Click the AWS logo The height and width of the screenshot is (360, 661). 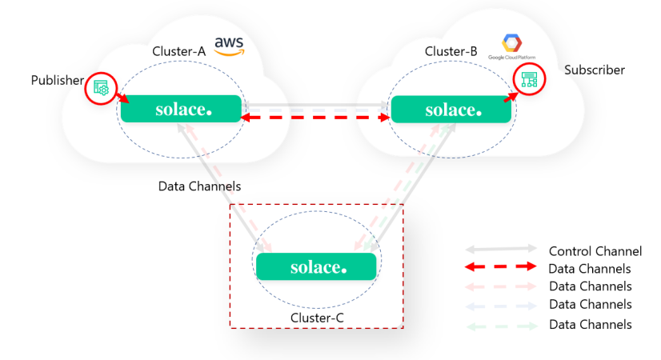(230, 46)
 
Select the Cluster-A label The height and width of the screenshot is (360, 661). (179, 51)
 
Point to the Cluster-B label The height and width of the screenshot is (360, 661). (451, 52)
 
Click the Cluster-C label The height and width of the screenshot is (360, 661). (316, 318)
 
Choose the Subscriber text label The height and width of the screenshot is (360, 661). (595, 70)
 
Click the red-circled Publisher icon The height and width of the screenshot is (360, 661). (102, 88)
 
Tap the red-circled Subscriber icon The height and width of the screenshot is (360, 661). (528, 78)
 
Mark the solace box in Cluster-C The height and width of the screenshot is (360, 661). (316, 266)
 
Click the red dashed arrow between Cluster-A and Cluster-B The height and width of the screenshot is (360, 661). (315, 118)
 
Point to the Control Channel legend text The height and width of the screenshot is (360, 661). (595, 251)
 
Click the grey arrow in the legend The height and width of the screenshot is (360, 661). (500, 251)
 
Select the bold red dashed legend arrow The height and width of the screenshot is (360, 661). (500, 269)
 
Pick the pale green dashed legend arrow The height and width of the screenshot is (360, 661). (500, 325)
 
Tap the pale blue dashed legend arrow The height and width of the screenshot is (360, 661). (500, 306)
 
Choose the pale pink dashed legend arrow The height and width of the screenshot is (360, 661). (500, 286)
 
